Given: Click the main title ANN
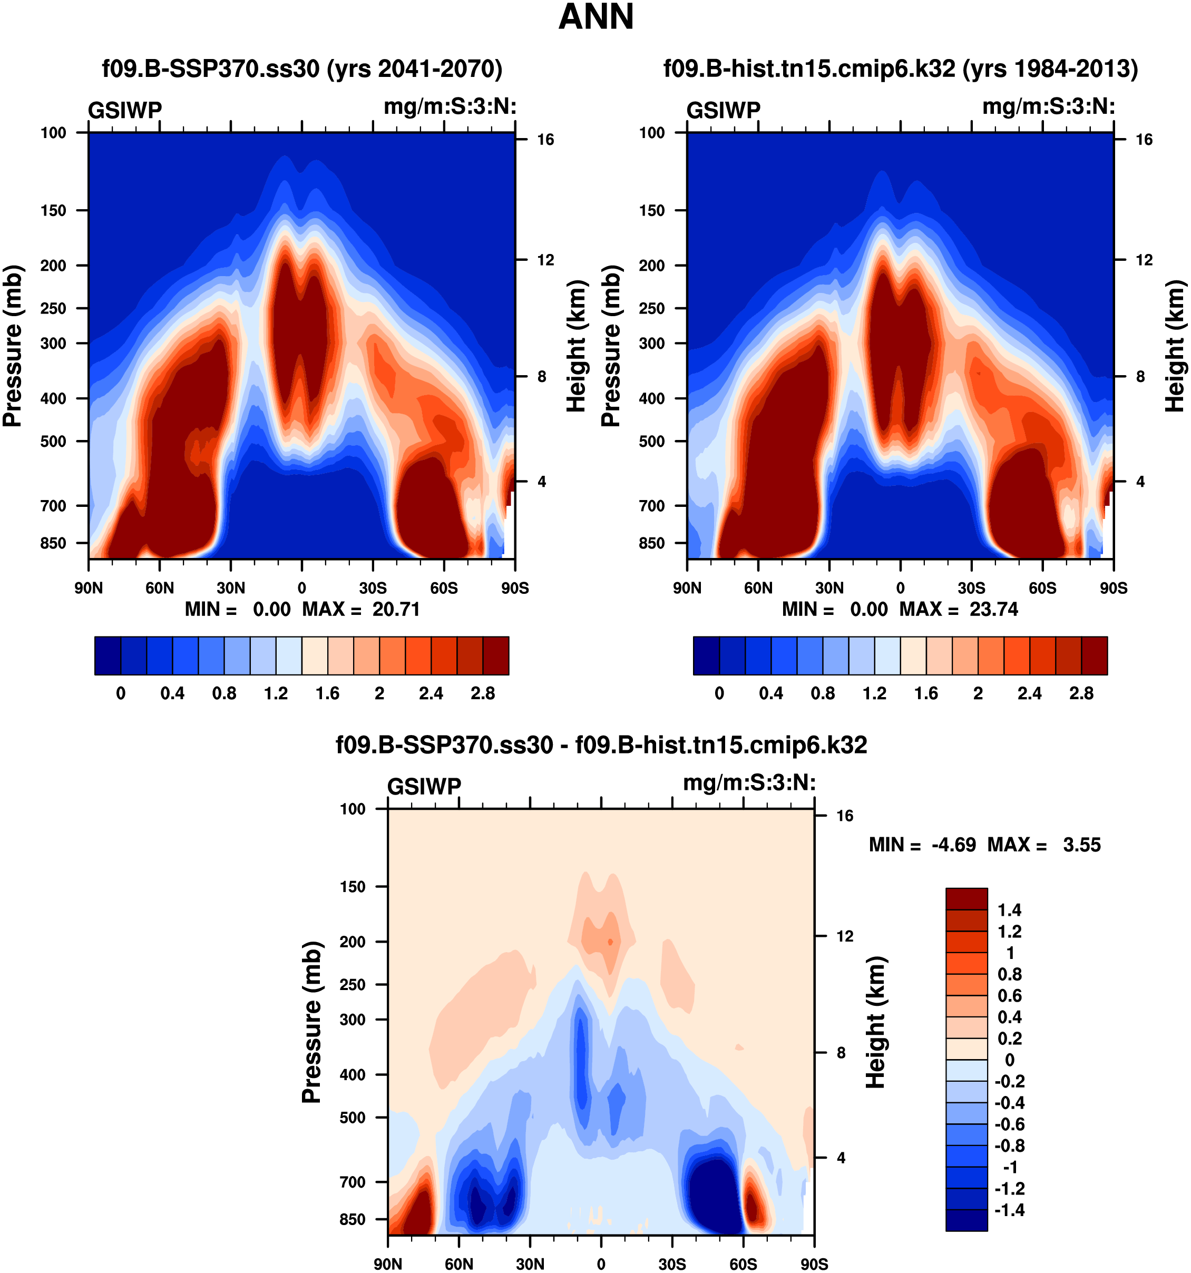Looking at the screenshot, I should tap(595, 17).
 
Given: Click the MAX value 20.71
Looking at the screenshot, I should tap(396, 609).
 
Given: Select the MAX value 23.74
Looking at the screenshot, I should tap(993, 609).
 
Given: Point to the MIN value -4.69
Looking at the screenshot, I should tap(953, 845).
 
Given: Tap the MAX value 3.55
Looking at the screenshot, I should tap(1081, 845).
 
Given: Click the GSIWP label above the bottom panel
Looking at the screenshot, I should tap(424, 786).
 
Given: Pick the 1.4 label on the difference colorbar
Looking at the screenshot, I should tap(1010, 910).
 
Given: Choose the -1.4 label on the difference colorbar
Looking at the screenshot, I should tap(1009, 1210).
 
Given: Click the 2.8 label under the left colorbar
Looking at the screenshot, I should tap(483, 693).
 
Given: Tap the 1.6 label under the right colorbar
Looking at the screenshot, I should tap(926, 693).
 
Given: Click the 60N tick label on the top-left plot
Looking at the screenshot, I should tap(160, 588).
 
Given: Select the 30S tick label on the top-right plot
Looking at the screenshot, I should tap(971, 588).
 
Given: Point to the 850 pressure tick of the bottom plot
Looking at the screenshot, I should tap(352, 1219).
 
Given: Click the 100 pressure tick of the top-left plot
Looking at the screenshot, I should tap(53, 133).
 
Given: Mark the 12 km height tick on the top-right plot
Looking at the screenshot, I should tap(1144, 260).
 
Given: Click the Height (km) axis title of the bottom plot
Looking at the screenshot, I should tap(875, 1022).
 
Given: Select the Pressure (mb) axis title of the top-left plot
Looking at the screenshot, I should tap(13, 346).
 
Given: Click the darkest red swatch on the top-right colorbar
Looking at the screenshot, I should tap(1095, 655).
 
